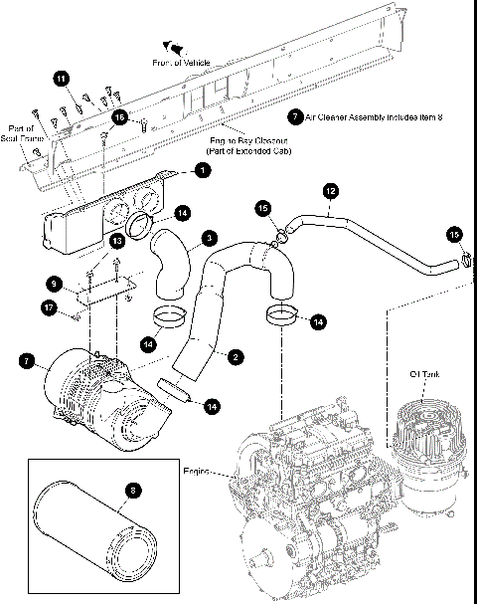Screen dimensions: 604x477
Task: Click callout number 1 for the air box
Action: (x=203, y=171)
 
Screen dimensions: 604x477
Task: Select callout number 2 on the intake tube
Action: (x=235, y=355)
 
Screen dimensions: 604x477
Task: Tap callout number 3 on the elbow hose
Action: (x=208, y=237)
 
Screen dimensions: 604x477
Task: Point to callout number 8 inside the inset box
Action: (x=133, y=489)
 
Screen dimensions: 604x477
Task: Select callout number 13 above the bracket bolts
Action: (x=116, y=240)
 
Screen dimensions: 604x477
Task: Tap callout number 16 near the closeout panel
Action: (x=119, y=116)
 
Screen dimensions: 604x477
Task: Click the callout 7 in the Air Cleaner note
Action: (x=294, y=115)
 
